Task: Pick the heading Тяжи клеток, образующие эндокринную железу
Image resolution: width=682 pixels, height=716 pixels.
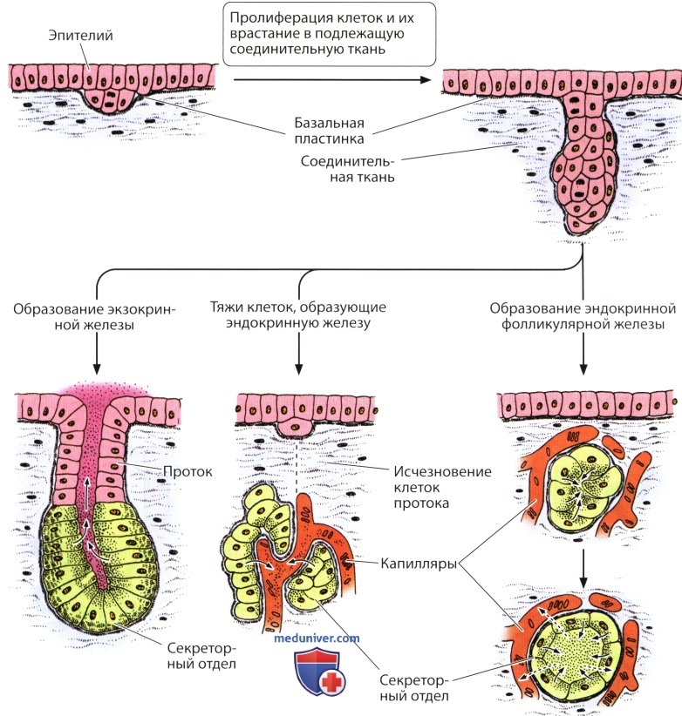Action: [x=298, y=314]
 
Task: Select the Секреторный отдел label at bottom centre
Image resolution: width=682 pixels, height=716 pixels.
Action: [x=414, y=687]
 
